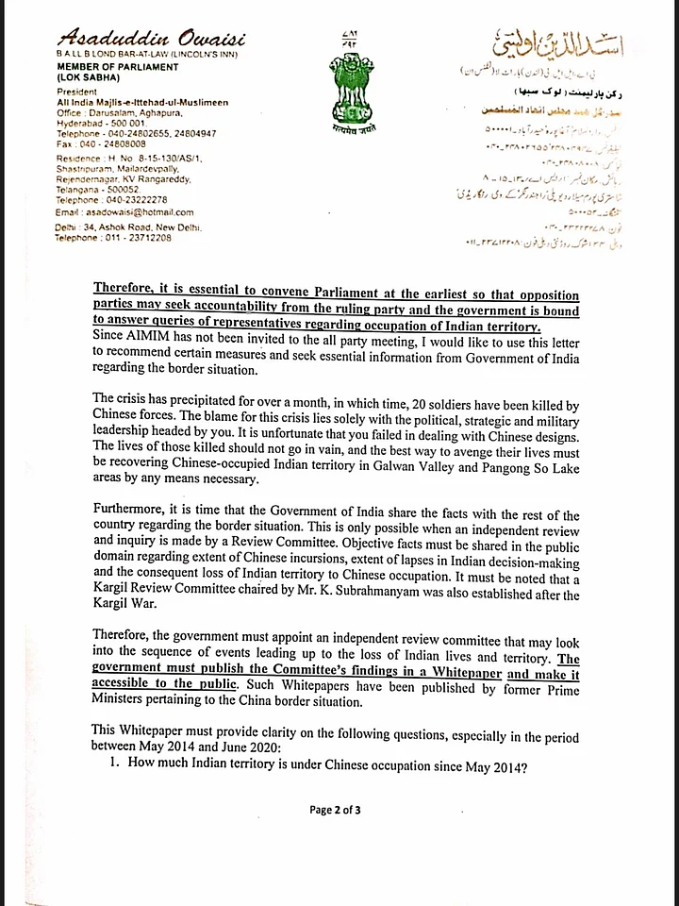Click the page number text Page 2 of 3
[340, 809]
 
